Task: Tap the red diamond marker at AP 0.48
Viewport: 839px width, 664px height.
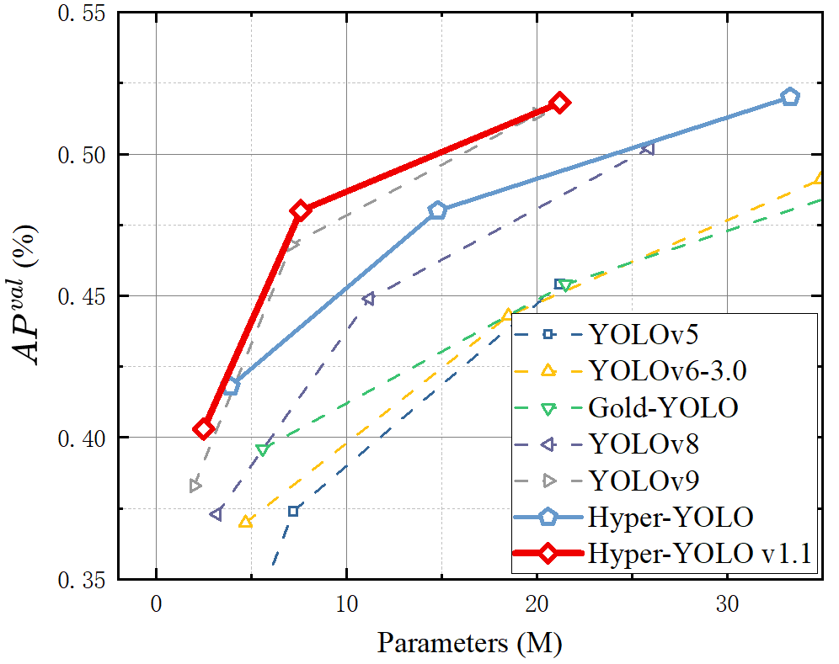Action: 301,210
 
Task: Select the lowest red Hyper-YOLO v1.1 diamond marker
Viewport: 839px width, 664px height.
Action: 203,428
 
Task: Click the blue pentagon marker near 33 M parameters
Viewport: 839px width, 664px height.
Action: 789,97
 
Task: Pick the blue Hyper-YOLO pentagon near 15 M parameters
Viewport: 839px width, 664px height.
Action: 436,210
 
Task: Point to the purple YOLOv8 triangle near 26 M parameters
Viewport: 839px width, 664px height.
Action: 647,148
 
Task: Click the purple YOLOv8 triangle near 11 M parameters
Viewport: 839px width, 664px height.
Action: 368,299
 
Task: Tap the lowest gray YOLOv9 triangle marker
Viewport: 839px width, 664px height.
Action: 195,486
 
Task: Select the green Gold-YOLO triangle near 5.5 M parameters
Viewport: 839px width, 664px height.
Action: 262,450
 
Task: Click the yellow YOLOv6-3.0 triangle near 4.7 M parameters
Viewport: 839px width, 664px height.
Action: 245,522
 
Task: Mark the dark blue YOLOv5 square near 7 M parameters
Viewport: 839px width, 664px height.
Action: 293,511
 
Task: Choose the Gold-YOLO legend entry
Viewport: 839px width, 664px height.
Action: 664,408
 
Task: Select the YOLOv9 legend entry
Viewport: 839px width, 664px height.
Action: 644,481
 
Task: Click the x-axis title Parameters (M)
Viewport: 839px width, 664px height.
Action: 468,644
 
